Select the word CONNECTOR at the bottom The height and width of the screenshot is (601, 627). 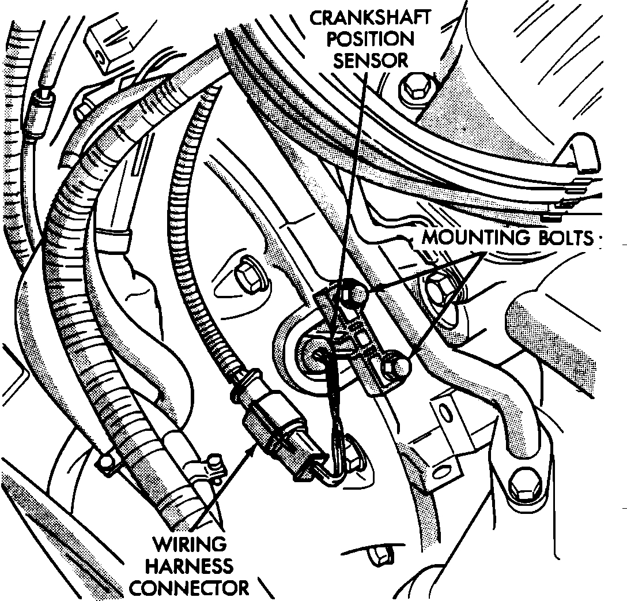[188, 588]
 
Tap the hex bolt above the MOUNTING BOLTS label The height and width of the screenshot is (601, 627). [413, 88]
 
